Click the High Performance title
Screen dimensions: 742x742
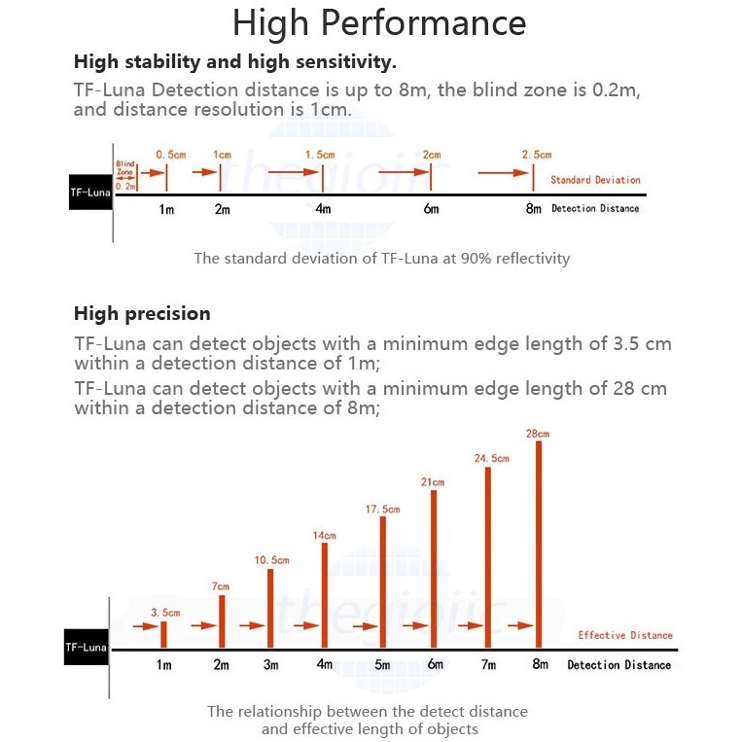point(379,22)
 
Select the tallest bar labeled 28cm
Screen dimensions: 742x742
point(537,545)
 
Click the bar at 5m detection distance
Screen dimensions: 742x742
point(383,582)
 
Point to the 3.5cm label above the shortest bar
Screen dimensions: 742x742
point(165,612)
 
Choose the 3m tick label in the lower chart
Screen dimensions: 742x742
point(271,665)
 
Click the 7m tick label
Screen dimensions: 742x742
point(488,665)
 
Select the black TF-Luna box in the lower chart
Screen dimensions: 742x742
point(87,647)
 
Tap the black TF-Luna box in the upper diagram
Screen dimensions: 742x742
point(89,193)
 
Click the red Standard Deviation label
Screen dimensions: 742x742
point(595,180)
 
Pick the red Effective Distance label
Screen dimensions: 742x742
point(624,635)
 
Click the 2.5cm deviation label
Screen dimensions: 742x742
point(537,155)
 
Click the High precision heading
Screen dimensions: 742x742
point(142,313)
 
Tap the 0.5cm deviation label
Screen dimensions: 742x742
point(171,155)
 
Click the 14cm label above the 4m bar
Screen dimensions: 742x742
point(324,536)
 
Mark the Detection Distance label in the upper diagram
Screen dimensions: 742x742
point(595,208)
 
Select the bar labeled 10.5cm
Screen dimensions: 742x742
point(270,608)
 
